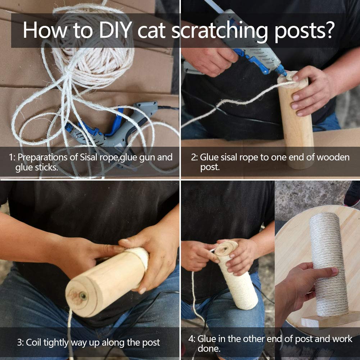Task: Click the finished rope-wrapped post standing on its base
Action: click(x=328, y=263)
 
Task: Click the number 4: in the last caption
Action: click(x=192, y=339)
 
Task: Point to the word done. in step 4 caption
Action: click(x=209, y=349)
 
